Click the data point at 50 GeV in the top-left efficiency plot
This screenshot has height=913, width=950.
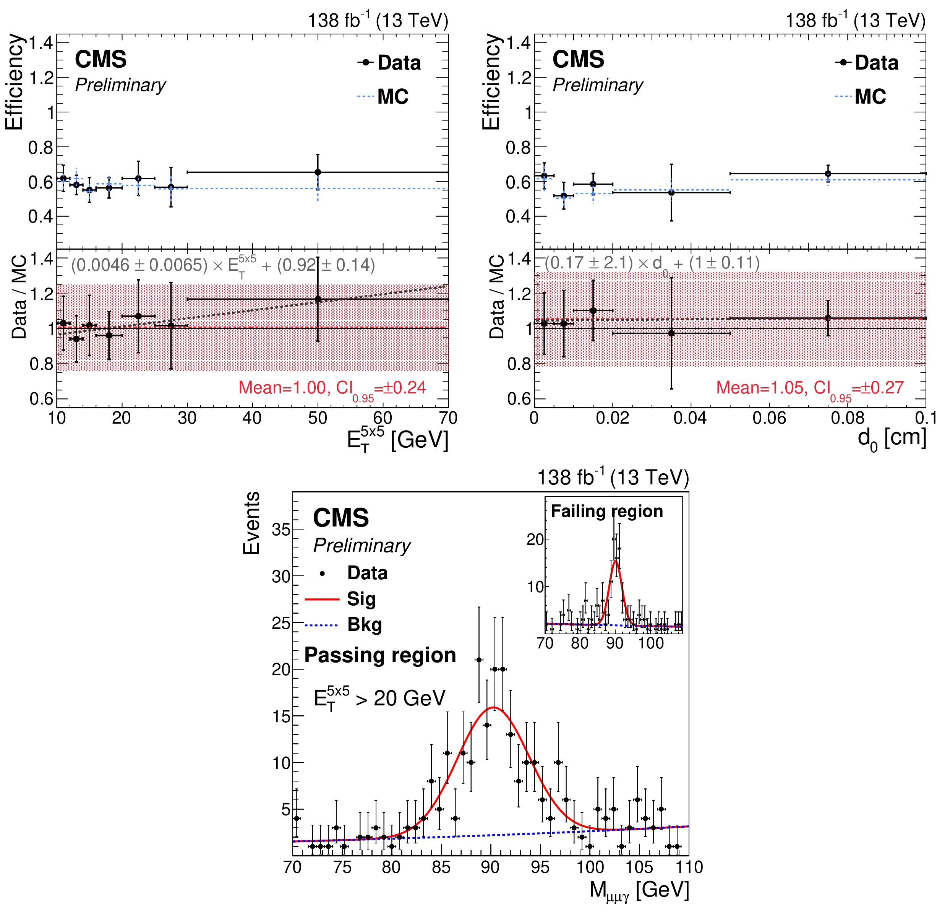[x=318, y=172]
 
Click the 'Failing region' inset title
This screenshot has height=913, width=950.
[x=607, y=511]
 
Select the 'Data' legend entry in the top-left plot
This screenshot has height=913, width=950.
[x=399, y=63]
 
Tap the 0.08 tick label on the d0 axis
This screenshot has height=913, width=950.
[x=847, y=418]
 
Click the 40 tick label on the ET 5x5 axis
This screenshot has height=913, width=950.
[x=252, y=418]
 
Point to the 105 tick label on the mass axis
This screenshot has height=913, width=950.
[x=639, y=867]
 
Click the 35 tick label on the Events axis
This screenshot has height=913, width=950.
[x=280, y=530]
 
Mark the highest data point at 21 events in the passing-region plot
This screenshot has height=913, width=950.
[x=479, y=660]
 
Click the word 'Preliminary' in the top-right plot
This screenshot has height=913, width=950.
[x=598, y=85]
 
